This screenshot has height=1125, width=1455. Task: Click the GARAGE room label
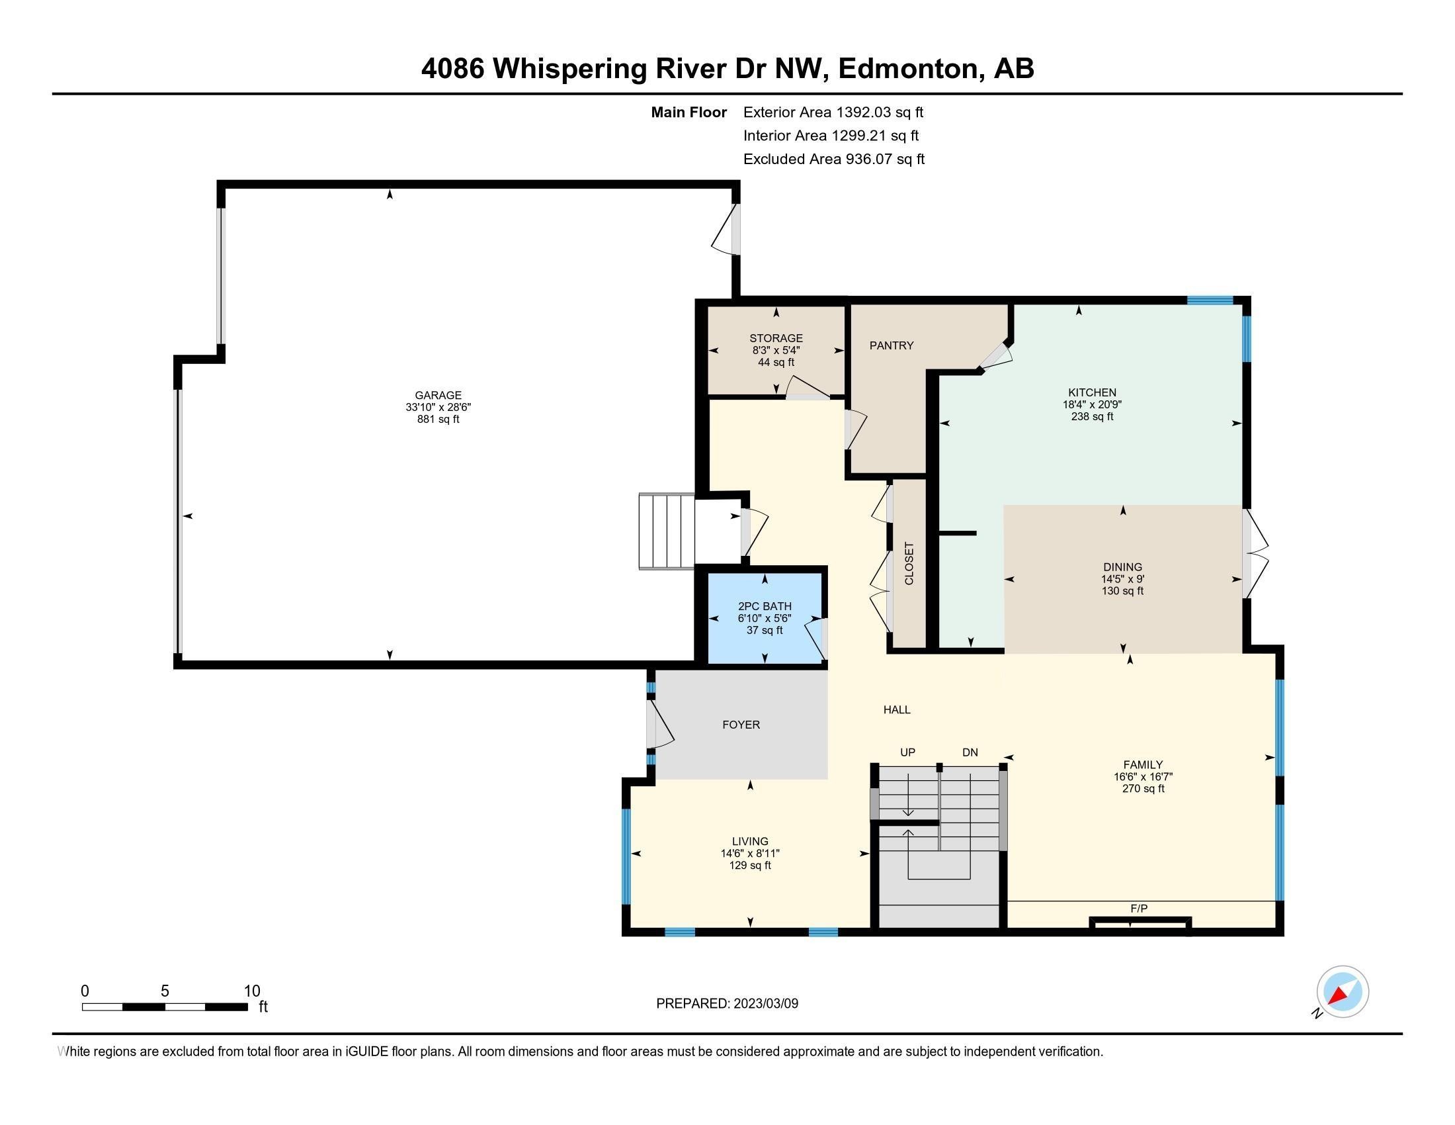(438, 395)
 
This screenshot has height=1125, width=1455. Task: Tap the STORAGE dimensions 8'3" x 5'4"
(776, 350)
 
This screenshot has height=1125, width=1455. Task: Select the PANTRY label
(891, 345)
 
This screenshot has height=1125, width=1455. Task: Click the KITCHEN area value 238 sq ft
(1092, 416)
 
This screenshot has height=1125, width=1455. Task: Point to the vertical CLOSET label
(909, 563)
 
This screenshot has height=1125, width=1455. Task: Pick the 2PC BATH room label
(764, 606)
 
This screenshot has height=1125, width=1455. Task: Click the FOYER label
(741, 725)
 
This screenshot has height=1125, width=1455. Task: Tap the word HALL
(897, 710)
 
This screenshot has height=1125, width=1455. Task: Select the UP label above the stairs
(907, 752)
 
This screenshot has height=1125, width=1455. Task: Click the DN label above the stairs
(970, 752)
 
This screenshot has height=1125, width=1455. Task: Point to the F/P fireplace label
(1139, 909)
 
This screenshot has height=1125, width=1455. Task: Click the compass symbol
(1342, 992)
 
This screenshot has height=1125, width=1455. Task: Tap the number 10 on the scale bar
(252, 991)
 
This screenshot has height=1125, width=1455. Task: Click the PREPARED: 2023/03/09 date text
(727, 1003)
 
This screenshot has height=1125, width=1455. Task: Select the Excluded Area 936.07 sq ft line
(833, 159)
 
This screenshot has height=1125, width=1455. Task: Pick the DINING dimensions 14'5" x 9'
(1122, 579)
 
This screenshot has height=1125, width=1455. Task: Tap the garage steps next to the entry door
(666, 531)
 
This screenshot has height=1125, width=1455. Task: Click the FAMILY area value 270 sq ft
(1143, 788)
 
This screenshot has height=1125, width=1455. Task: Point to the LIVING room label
(750, 841)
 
